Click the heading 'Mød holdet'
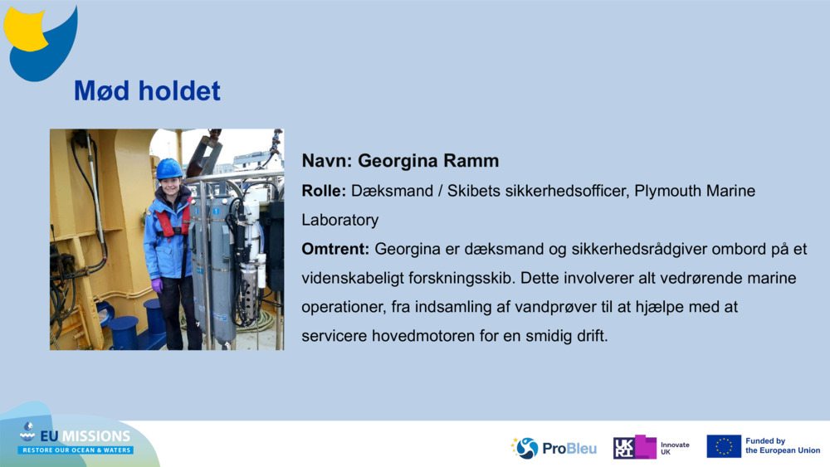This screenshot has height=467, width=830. point(147,91)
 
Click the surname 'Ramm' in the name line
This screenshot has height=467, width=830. point(471,161)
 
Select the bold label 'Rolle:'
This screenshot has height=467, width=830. point(324,191)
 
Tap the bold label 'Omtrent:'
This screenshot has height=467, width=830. point(335,249)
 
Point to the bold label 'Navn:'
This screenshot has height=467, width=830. point(327,161)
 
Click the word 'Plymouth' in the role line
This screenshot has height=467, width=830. point(667,192)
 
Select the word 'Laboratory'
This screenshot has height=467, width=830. point(339,221)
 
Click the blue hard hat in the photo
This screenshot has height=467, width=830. point(168,168)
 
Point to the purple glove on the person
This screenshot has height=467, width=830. point(157,285)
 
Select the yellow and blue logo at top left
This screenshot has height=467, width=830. point(41,43)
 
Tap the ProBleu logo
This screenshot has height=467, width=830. point(554,448)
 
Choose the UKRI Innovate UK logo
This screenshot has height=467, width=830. point(651,447)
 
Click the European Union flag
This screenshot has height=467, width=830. point(724,446)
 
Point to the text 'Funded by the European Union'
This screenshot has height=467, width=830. point(783,445)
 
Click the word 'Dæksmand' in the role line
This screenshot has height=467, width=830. point(393,191)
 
